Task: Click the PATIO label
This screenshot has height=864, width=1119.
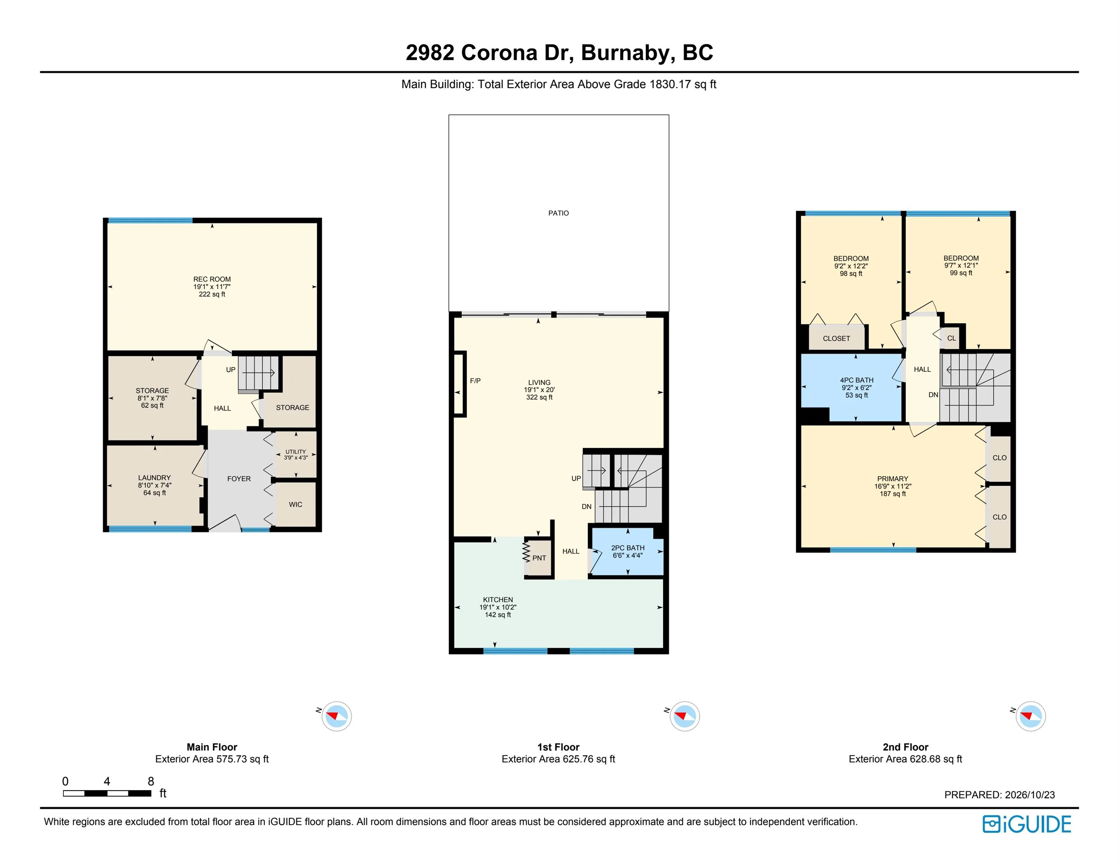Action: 558,213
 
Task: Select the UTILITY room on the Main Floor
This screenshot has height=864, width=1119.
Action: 296,454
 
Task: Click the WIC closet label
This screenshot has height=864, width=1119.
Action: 296,504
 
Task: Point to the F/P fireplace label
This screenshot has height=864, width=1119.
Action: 475,381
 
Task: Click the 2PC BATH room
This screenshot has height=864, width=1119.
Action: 628,552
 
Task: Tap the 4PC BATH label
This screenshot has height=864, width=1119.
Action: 857,380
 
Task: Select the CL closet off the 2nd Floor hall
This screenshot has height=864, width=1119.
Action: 952,338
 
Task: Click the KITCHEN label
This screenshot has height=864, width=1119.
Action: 498,600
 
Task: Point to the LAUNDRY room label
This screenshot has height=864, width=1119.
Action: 154,478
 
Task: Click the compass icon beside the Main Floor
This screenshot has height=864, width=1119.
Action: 337,716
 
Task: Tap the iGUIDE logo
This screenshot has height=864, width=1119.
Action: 1026,824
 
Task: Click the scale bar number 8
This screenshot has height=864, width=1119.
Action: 150,781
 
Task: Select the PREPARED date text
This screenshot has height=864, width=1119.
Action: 1000,795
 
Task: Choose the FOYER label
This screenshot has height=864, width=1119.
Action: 239,479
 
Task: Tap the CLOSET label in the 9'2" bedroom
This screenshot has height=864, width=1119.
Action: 836,339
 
